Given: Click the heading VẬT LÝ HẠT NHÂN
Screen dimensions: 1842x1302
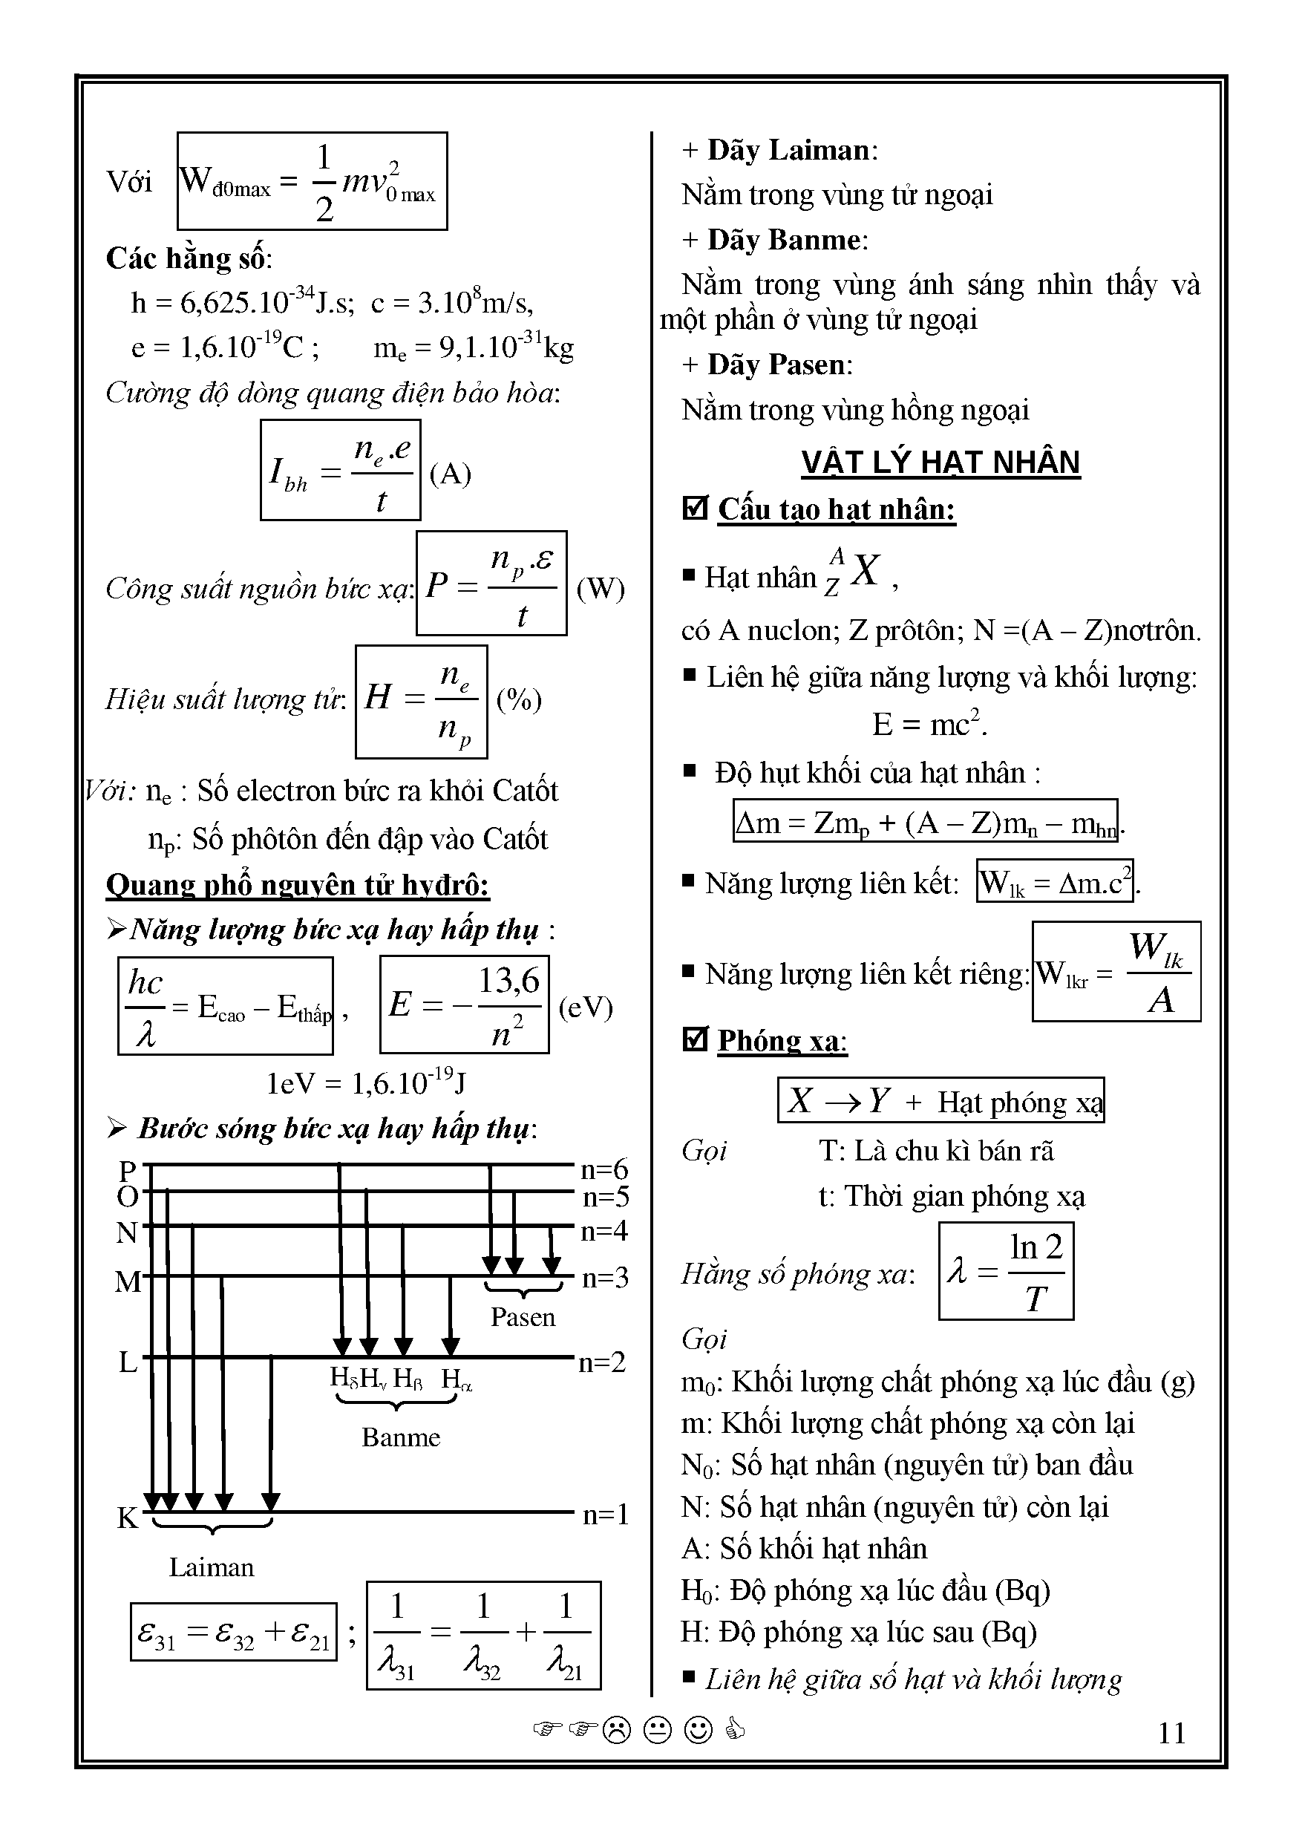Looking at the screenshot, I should click(x=940, y=463).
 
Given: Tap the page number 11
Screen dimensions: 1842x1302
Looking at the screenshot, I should click(x=1171, y=1734).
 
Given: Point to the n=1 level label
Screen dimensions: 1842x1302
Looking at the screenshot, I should click(x=605, y=1515).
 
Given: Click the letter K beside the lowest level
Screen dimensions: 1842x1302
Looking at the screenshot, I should click(x=128, y=1518).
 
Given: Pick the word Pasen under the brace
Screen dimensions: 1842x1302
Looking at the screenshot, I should click(x=523, y=1317).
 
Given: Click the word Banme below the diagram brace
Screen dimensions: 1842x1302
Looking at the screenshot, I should click(x=400, y=1437).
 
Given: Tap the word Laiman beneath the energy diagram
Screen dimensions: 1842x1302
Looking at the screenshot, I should click(x=211, y=1567).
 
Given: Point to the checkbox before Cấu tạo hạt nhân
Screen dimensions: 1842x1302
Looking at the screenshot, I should click(x=695, y=508).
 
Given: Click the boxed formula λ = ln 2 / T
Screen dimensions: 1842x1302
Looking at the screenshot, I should click(x=1005, y=1272).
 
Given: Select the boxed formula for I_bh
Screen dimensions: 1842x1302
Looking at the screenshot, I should click(x=340, y=471).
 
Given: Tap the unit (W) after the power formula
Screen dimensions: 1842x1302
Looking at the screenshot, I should click(x=600, y=588).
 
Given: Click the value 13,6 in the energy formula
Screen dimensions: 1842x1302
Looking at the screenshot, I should click(x=508, y=980).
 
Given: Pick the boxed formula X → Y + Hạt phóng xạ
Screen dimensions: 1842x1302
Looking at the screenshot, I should click(x=940, y=1100).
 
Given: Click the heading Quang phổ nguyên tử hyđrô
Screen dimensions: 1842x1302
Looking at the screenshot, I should click(x=298, y=884).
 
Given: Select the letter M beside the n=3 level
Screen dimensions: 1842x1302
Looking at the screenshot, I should click(x=128, y=1281).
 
